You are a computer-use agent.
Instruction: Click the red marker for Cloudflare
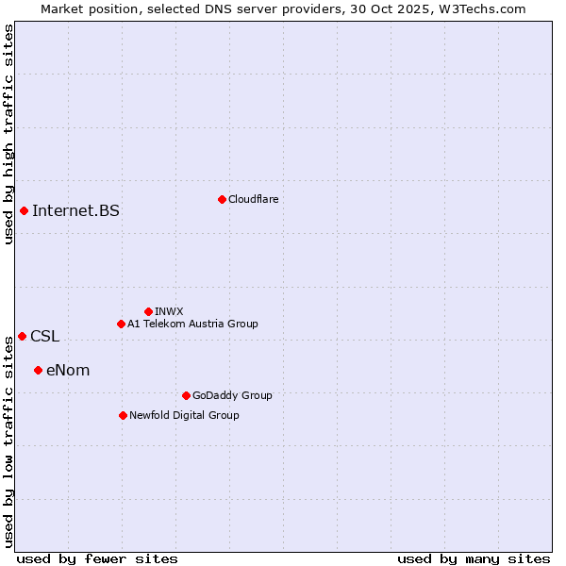222,199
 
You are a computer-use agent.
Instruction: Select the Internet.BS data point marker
24,210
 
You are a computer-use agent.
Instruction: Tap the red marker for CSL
22,336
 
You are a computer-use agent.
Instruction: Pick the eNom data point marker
38,370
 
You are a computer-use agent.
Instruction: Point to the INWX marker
148,311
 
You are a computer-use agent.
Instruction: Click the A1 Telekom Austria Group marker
121,324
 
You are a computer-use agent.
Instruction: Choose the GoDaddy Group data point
186,395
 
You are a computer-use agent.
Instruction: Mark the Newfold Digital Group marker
123,415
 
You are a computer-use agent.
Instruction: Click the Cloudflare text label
253,199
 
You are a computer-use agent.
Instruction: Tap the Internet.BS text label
75,210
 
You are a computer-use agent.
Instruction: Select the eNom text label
68,370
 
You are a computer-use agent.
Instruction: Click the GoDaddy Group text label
232,395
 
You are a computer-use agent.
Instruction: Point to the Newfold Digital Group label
184,415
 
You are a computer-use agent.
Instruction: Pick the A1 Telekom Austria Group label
192,324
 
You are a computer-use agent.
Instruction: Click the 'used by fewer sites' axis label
97,558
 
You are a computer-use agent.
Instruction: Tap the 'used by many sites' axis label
474,558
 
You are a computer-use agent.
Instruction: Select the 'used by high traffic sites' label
8,134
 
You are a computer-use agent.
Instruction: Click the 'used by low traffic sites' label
8,441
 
